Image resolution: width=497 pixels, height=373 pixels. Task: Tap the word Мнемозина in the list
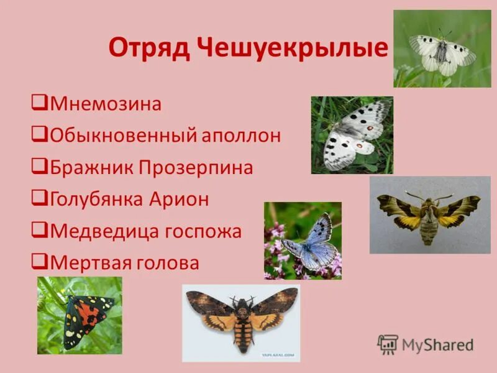[106, 103]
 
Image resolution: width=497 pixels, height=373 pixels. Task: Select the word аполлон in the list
[240, 136]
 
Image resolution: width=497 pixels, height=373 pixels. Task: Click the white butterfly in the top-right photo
[442, 52]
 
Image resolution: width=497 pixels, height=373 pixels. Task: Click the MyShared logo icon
[388, 344]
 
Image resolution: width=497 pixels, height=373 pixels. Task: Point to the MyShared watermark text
[437, 345]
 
